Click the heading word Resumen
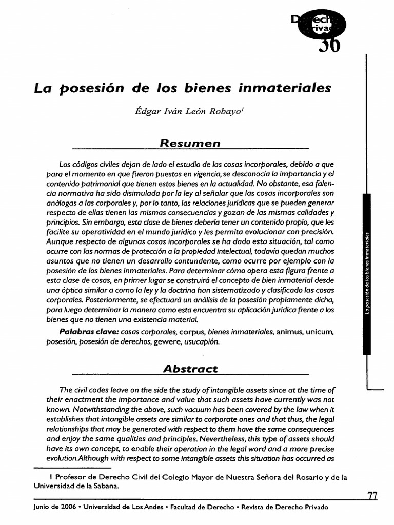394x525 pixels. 190,143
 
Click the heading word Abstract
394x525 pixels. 190,368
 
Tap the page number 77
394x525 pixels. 372,496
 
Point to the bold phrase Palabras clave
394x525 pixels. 89,332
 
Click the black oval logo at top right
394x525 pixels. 317,30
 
